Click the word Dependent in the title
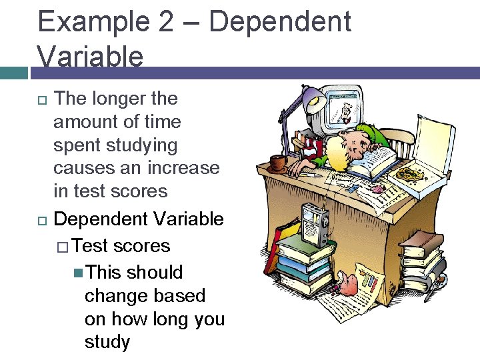pos(279,21)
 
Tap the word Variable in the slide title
pos(91,56)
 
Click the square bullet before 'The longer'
pos(42,100)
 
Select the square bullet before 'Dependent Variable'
pos(42,220)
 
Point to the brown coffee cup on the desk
pos(277,162)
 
